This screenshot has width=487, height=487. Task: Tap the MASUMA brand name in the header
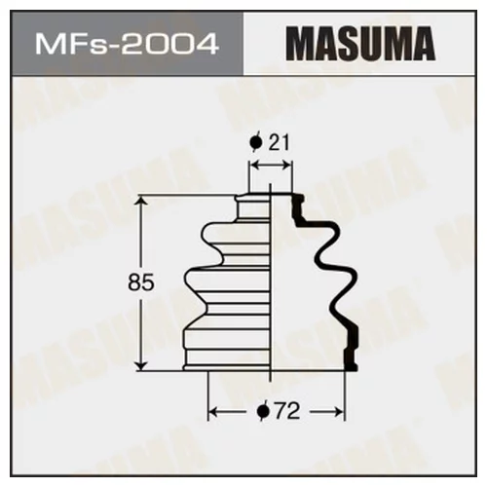[364, 45]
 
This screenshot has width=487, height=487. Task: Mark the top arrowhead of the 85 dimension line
[144, 202]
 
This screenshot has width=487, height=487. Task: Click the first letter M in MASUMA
[301, 45]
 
